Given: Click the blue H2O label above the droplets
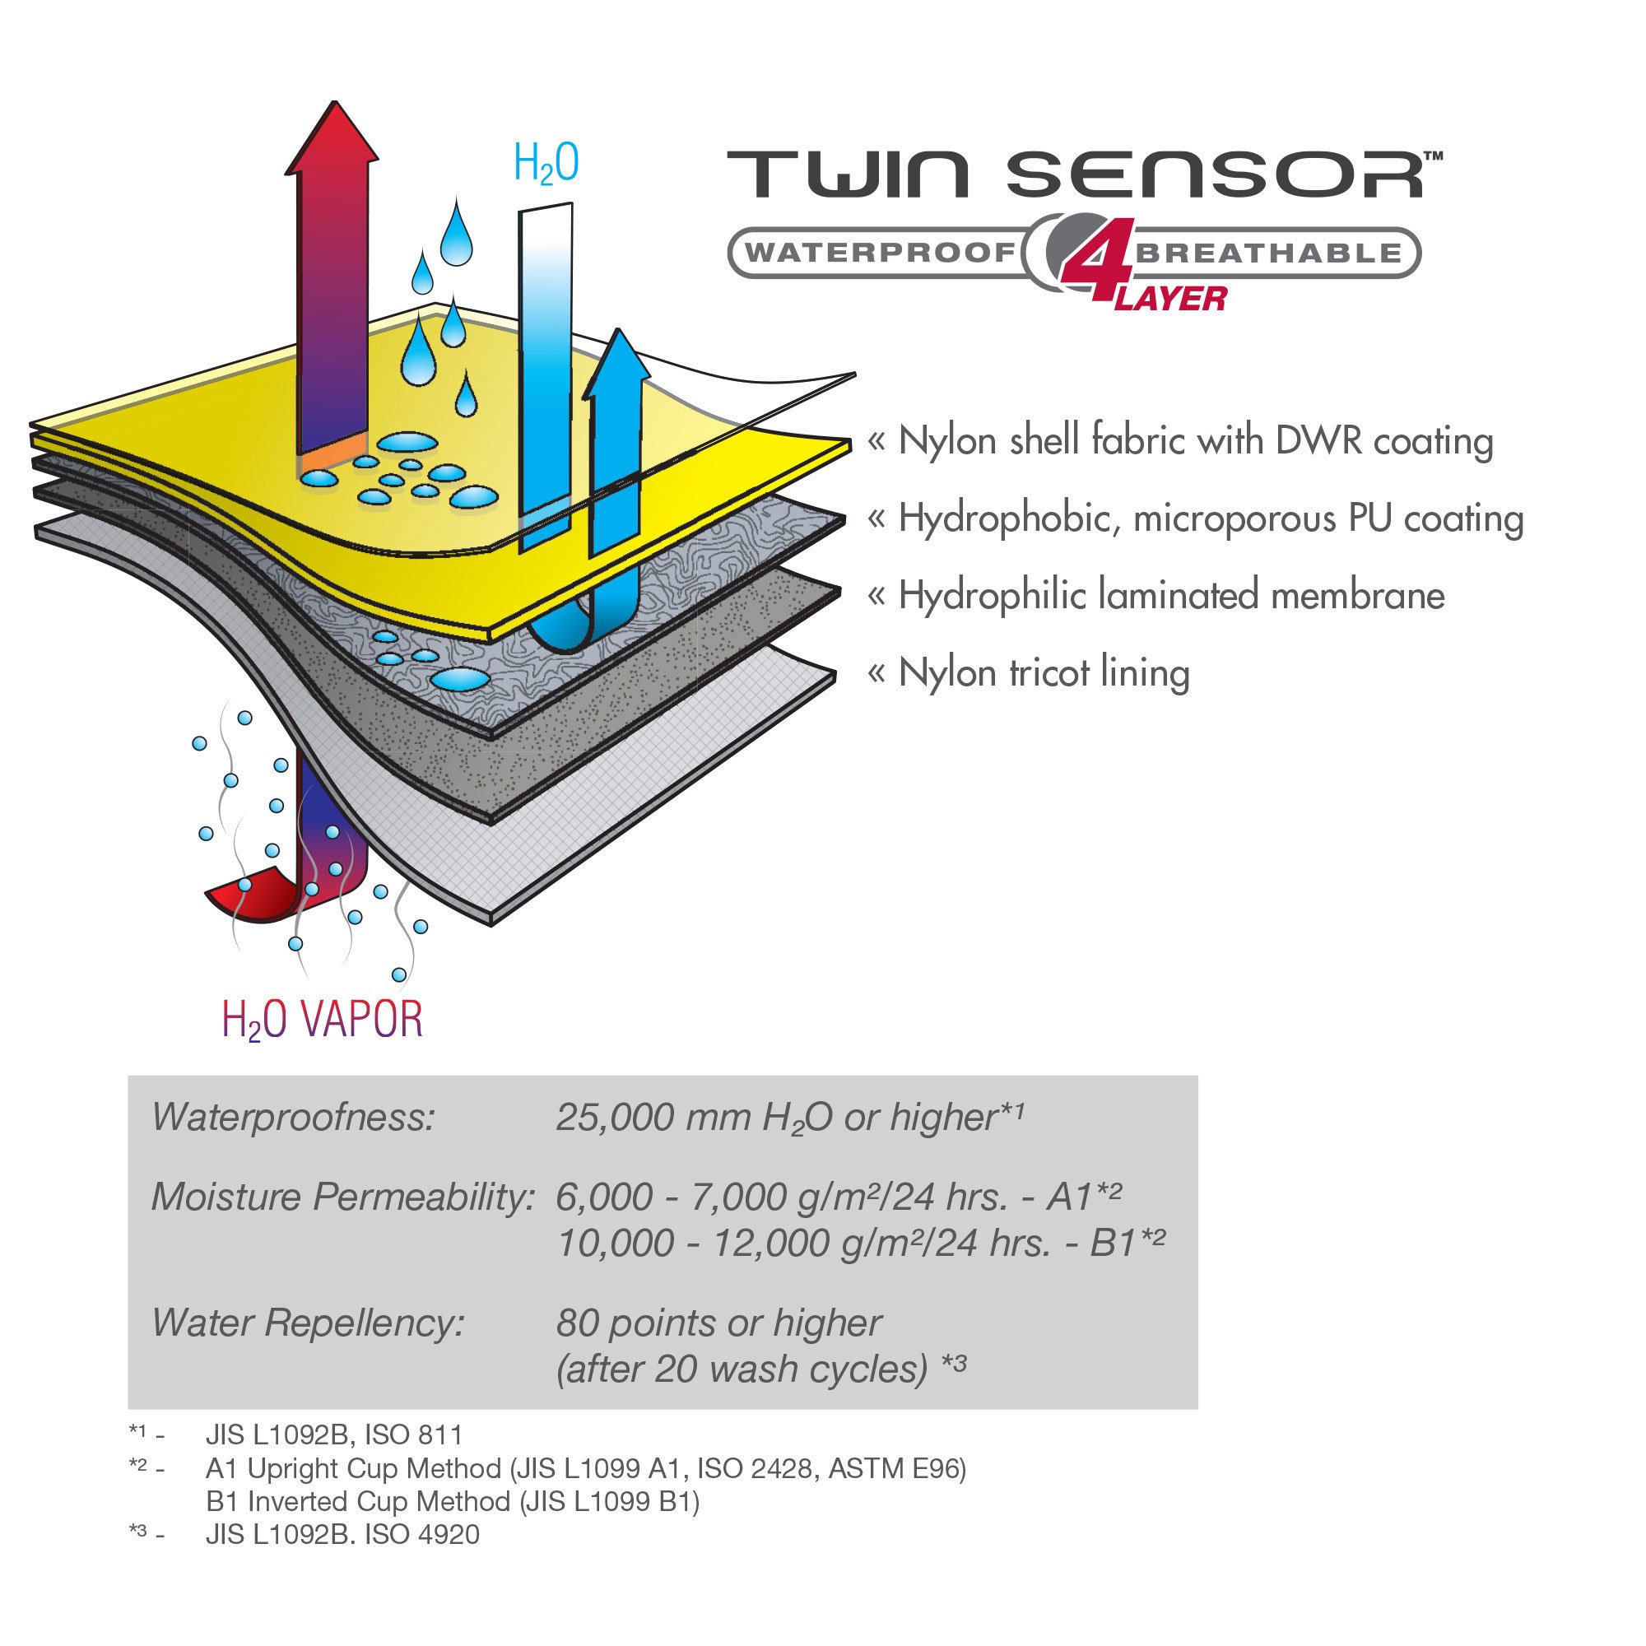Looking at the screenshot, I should pos(546,163).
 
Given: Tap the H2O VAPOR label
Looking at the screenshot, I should pos(322,1021).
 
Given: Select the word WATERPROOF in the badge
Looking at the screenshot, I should pos(881,253).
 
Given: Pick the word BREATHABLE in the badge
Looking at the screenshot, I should pos(1268,253).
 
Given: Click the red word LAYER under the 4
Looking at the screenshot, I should pos(1170,299).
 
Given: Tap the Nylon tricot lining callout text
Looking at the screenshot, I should pos(1044,673).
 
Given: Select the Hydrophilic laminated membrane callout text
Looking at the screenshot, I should pos(1171,596).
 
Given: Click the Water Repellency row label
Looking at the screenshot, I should pos(308,1323).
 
